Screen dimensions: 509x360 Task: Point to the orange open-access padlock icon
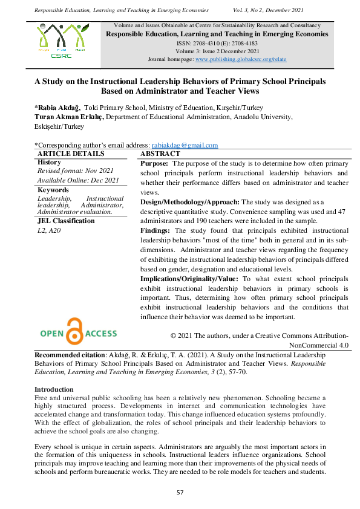(76, 331)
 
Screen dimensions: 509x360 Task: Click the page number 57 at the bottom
(180, 492)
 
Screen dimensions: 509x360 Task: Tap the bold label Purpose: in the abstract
(155, 163)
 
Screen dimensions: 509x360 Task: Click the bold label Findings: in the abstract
(155, 230)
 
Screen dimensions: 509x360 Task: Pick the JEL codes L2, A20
(49, 230)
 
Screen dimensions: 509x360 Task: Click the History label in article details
(49, 162)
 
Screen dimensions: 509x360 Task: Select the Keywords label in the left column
(53, 189)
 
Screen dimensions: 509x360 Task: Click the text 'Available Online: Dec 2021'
(78, 180)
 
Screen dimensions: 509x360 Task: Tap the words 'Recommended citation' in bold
(68, 354)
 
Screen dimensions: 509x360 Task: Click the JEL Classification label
(66, 221)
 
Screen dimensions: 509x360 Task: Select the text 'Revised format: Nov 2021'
(75, 171)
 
